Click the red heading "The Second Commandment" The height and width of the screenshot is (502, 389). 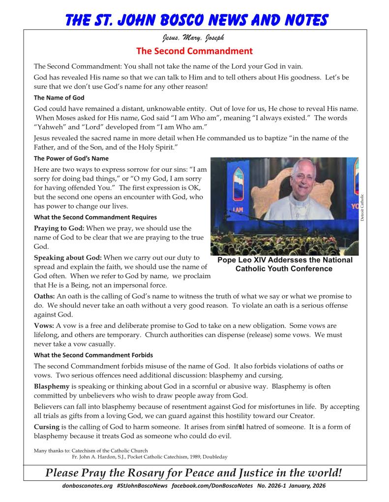coord(194,51)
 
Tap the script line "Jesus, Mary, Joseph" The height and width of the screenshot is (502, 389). coord(194,38)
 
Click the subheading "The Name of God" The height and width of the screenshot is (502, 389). coord(59,98)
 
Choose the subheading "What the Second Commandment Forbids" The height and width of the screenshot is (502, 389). coord(93,355)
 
